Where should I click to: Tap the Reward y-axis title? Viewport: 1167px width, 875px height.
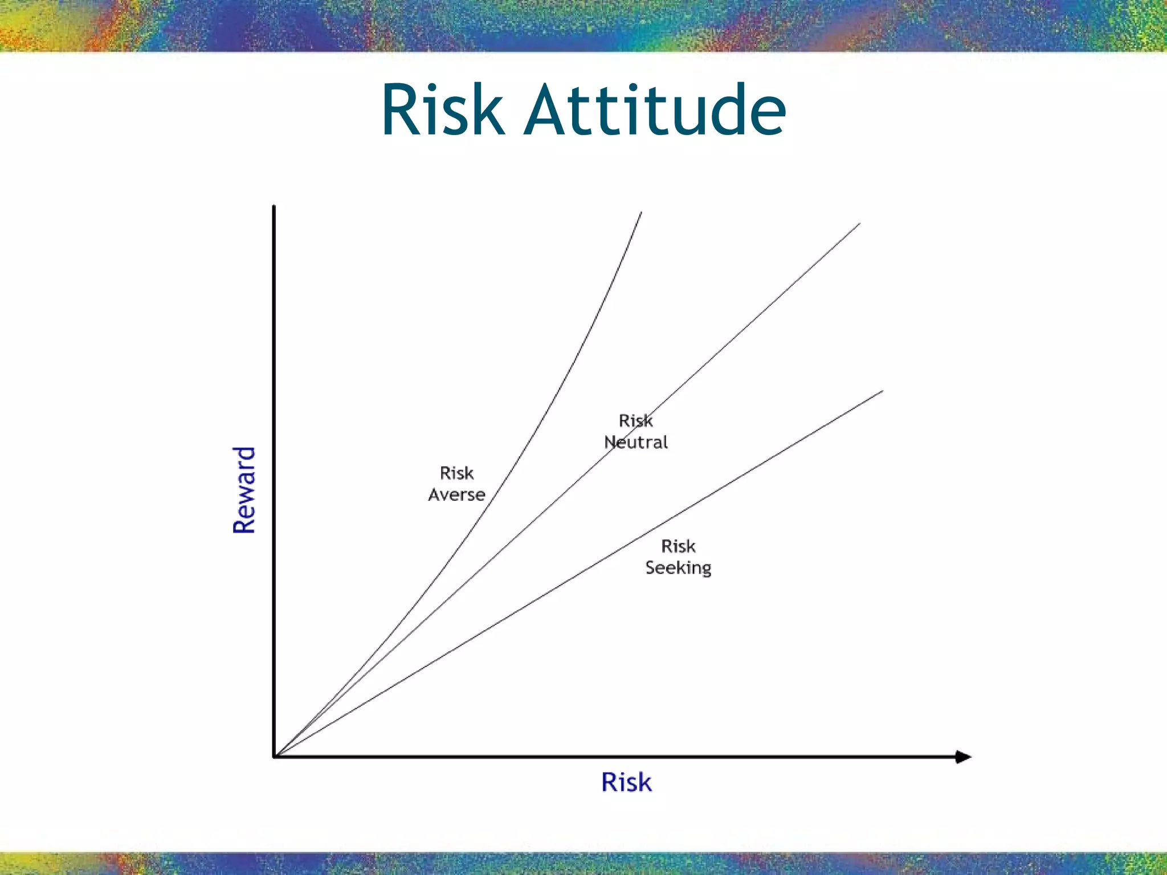click(244, 490)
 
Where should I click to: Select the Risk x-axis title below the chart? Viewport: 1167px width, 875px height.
click(626, 782)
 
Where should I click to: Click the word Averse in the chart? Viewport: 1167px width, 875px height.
click(456, 494)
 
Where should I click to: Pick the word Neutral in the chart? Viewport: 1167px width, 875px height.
click(636, 442)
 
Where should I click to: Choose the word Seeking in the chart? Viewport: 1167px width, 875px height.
click(678, 567)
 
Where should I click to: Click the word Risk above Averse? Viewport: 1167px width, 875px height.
click(456, 473)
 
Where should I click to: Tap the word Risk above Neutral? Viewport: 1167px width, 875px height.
click(635, 420)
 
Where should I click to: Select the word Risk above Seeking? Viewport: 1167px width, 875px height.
click(678, 546)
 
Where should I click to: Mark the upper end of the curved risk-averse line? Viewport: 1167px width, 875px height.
click(641, 213)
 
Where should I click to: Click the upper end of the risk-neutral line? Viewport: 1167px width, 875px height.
click(859, 224)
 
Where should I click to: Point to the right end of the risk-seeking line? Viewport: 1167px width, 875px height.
click(882, 391)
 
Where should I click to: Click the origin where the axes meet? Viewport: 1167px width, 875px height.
click(275, 757)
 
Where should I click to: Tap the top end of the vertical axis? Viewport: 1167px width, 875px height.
click(274, 206)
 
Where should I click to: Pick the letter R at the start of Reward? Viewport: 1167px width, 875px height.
click(244, 524)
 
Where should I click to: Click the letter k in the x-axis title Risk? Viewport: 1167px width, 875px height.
click(644, 782)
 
